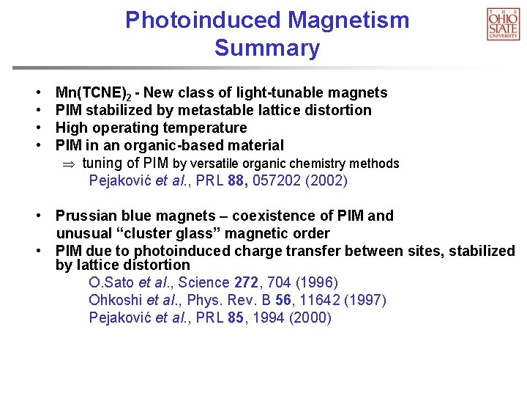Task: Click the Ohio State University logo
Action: point(503,23)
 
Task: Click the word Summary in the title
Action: point(267,48)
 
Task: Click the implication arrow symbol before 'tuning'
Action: point(70,164)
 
